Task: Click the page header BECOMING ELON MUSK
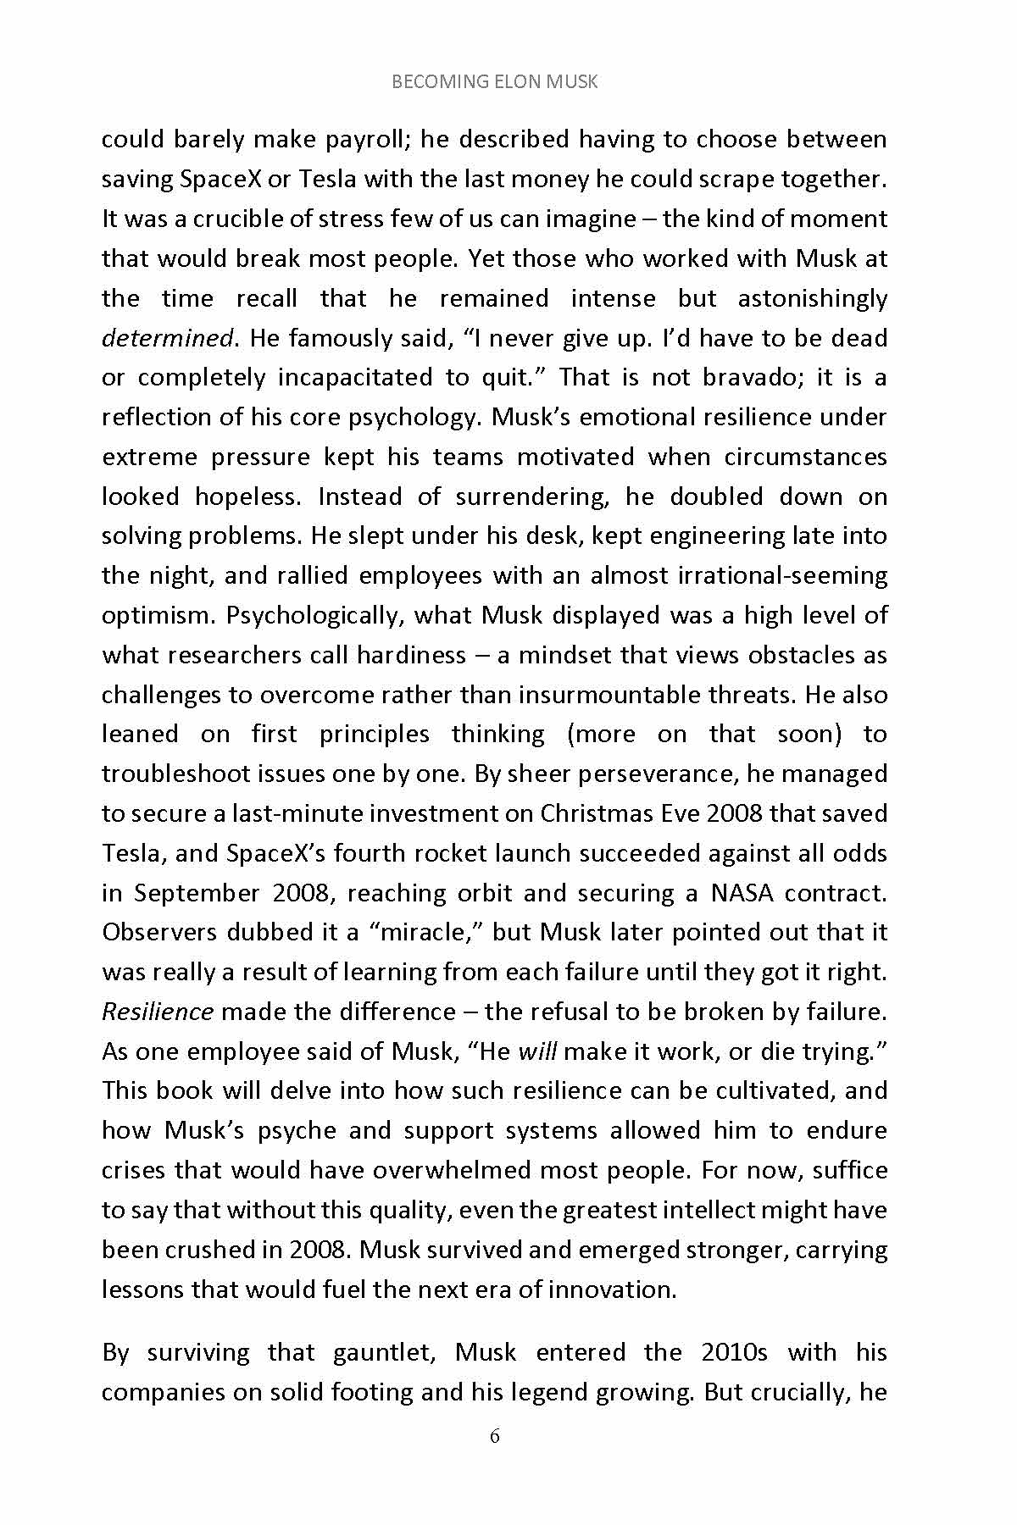495,82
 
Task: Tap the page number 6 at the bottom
495,1435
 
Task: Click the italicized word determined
167,338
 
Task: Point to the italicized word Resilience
158,1012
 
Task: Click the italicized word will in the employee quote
537,1051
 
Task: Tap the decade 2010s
734,1352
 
